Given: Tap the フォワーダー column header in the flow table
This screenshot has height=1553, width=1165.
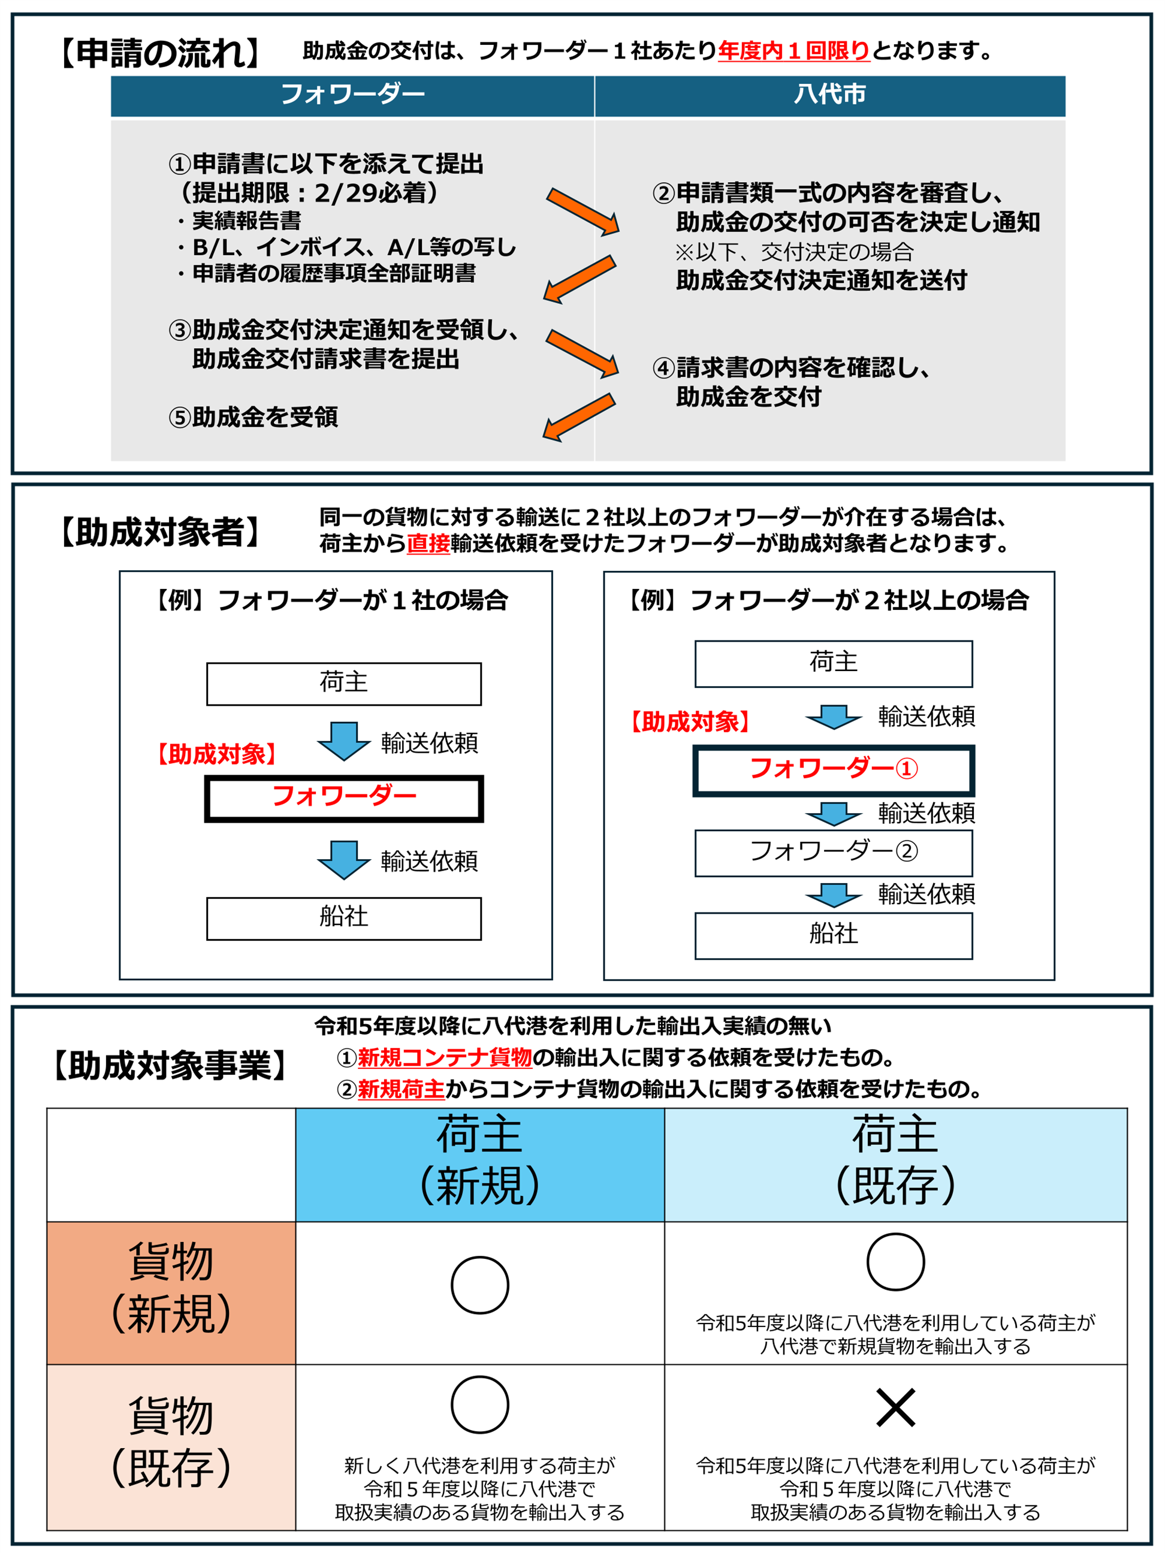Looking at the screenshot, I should [352, 95].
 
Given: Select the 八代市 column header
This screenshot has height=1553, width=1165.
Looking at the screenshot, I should [829, 95].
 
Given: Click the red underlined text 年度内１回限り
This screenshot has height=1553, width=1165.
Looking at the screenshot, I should [793, 50].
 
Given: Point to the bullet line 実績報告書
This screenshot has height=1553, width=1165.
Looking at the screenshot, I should [246, 220].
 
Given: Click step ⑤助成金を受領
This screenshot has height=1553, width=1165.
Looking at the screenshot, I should [253, 417].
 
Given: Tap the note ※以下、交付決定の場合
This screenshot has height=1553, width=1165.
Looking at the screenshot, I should [794, 252].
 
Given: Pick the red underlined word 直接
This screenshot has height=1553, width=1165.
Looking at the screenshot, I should [428, 543].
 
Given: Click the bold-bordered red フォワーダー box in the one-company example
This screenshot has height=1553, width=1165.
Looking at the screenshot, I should [343, 797].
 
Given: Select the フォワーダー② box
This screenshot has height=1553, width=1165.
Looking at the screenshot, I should [833, 853].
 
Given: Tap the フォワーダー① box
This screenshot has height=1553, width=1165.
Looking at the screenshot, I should [833, 769].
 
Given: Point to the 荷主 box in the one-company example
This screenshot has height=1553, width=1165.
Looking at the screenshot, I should [343, 683].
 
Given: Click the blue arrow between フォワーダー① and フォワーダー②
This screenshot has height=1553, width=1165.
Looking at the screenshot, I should [833, 813].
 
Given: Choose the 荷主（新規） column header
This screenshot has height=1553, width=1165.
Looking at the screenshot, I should [479, 1164].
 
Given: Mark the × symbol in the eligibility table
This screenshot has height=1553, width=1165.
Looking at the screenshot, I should [895, 1407].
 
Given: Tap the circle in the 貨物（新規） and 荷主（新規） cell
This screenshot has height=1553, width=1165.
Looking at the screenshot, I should [479, 1285].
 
